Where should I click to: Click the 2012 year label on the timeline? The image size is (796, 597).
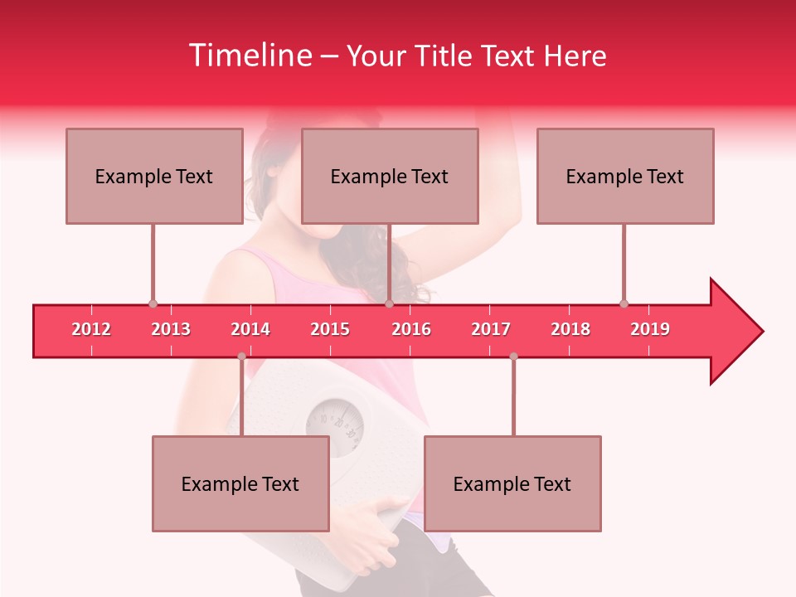click(91, 330)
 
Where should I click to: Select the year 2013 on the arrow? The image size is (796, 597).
click(171, 330)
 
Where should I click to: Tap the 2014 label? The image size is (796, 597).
click(250, 330)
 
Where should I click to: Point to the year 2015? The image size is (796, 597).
click(330, 330)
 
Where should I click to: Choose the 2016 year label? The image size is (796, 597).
click(411, 330)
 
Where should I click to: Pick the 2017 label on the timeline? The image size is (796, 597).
click(491, 330)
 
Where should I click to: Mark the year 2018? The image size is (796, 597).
click(570, 330)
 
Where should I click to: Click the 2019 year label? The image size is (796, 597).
click(650, 330)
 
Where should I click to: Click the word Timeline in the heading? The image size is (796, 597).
click(250, 56)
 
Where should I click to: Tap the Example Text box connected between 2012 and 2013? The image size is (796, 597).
click(154, 176)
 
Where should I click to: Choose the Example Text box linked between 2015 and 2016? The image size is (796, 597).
click(390, 176)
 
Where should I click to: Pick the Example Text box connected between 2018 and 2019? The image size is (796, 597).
click(625, 176)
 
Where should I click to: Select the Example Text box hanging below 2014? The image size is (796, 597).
click(240, 483)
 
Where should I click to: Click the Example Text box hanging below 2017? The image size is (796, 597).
click(512, 483)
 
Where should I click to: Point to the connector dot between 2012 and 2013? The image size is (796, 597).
click(153, 304)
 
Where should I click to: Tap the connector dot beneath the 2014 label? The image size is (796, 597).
click(241, 357)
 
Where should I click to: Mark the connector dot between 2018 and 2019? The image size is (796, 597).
click(624, 304)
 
